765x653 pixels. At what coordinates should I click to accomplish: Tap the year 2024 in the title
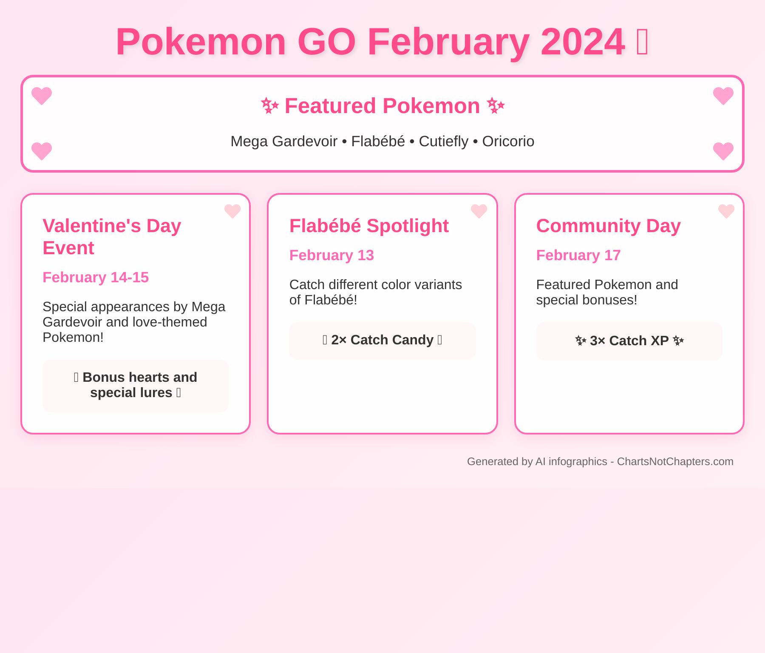coord(583,42)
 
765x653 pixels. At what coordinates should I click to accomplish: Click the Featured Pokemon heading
coord(382,106)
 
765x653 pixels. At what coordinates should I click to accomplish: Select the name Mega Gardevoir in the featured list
coord(284,142)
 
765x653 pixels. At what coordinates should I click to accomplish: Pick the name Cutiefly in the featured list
coord(443,142)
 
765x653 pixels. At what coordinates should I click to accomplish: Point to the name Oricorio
coord(508,141)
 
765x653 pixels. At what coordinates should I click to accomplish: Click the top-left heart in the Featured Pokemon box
coord(42,96)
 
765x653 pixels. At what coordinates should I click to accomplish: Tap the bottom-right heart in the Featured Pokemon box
coord(723,151)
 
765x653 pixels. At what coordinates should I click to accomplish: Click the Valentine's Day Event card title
coord(112,237)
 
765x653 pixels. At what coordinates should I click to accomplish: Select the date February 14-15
coord(96,277)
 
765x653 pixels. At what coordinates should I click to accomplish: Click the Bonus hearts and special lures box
coord(136,386)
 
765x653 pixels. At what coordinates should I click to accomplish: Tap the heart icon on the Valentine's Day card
coord(232,211)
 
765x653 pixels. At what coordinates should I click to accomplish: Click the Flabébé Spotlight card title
coord(369,226)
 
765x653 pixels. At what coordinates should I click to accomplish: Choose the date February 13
coord(331,255)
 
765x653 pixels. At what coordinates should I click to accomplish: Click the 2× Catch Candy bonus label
coord(382,340)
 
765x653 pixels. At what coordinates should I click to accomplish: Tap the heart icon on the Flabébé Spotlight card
coord(479,211)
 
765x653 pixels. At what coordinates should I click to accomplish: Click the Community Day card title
coord(608,226)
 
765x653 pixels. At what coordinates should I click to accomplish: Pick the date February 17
coord(578,255)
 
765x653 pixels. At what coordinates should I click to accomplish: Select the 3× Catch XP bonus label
coord(629,341)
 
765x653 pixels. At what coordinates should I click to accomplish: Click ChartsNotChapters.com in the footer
coord(675,462)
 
